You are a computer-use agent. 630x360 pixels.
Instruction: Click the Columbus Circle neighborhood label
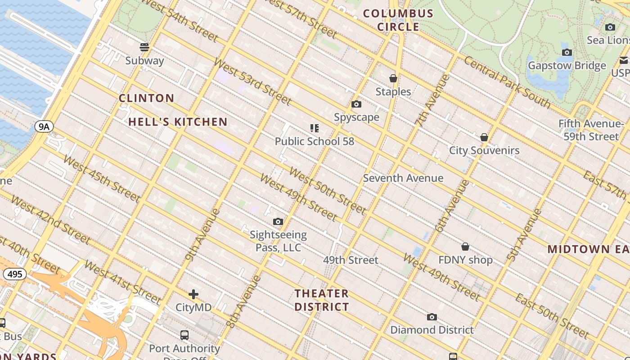tap(398, 20)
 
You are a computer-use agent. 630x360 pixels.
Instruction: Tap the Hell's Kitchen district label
tap(178, 122)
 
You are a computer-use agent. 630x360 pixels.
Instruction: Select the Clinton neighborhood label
tap(146, 98)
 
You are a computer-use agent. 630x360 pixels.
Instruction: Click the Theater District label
tap(322, 300)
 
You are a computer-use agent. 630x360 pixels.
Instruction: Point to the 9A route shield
tap(44, 127)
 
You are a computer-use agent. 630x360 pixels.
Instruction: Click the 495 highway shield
tap(15, 274)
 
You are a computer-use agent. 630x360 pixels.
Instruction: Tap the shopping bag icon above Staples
tap(393, 78)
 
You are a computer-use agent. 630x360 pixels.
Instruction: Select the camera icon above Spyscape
tap(356, 104)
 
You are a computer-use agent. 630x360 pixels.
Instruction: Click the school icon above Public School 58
tap(315, 128)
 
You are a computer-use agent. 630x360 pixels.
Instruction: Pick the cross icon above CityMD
tap(193, 294)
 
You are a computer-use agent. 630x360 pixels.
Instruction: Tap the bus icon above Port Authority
tap(184, 335)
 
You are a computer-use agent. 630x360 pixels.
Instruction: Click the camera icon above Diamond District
tap(432, 317)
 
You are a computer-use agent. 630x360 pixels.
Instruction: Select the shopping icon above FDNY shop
tap(465, 247)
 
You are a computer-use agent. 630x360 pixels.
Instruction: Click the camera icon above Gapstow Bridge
tap(567, 52)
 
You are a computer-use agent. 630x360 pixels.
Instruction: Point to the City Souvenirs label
tap(484, 150)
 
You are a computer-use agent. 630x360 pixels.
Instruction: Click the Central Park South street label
tap(507, 82)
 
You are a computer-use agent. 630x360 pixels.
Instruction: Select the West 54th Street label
tap(180, 21)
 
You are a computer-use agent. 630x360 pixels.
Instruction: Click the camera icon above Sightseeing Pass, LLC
tap(278, 221)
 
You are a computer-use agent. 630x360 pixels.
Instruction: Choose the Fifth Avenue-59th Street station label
tap(591, 130)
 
